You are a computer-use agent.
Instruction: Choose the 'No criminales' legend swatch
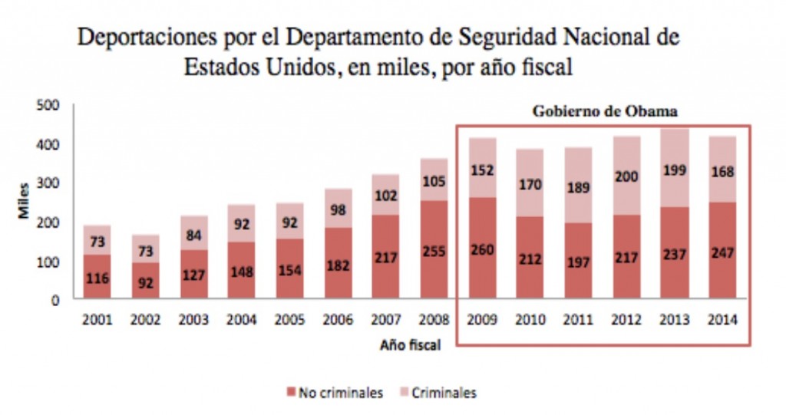click(291, 393)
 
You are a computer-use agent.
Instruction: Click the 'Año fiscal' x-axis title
click(411, 345)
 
